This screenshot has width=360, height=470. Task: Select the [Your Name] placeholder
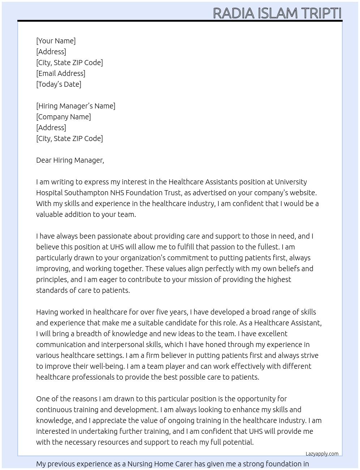[x=56, y=41]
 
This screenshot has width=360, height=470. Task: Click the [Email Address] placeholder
[x=61, y=73]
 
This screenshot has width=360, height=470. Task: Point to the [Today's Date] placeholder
[x=59, y=84]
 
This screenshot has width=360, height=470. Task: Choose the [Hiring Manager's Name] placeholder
[x=76, y=106]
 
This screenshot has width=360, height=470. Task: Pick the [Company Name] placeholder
[x=64, y=117]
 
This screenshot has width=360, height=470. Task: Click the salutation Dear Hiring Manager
[x=70, y=160]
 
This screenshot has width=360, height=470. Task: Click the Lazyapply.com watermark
[x=322, y=454]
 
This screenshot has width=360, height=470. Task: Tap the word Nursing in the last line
[x=140, y=464]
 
